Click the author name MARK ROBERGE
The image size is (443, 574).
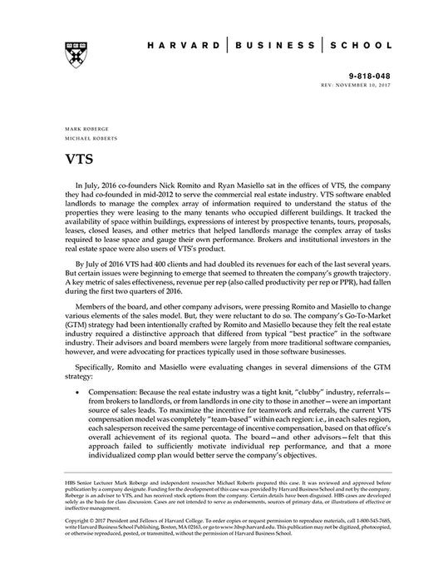81,131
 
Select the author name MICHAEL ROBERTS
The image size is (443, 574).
86,141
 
